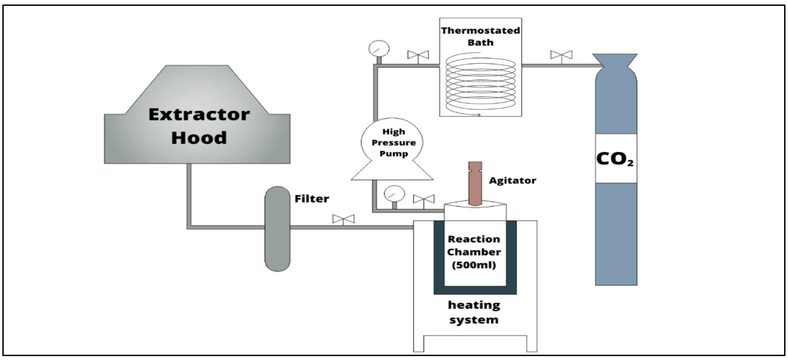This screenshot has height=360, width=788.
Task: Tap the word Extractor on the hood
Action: point(199,115)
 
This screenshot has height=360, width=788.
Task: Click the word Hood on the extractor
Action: point(199,138)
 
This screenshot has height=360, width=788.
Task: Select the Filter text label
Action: point(312,199)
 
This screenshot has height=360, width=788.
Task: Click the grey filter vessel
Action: point(277,229)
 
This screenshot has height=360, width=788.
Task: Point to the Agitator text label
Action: point(512,180)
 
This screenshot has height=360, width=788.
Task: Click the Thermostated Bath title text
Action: point(480,36)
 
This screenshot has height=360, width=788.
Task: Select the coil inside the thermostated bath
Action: point(480,84)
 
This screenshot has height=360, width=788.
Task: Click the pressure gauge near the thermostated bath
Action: point(379,49)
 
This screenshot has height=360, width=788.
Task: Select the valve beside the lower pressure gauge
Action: point(424,199)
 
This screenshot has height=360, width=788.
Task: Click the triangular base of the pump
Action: point(392,171)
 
